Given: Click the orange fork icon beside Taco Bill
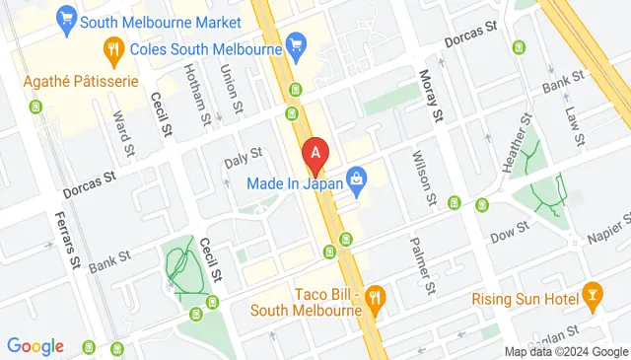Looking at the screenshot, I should tap(374, 297).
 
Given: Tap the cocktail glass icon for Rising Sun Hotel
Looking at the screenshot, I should tap(592, 293).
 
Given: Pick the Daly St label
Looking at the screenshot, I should tap(243, 155).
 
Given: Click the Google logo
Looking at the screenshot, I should tap(35, 346).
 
